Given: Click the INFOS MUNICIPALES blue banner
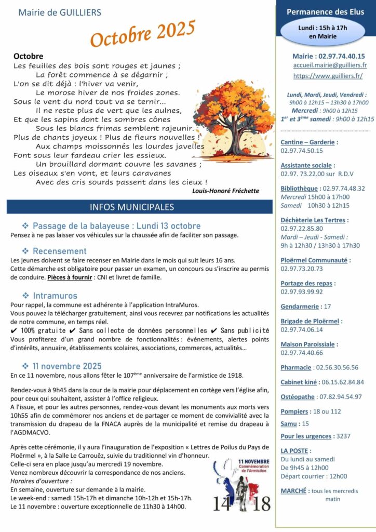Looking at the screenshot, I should point(139,207).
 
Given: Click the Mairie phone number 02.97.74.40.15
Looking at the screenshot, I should point(342,56).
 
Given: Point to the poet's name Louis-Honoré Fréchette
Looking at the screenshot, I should point(225,191).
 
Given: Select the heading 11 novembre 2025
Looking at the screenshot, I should point(67,366).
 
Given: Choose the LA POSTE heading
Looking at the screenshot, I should point(295,450).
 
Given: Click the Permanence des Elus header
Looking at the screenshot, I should point(326,11).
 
